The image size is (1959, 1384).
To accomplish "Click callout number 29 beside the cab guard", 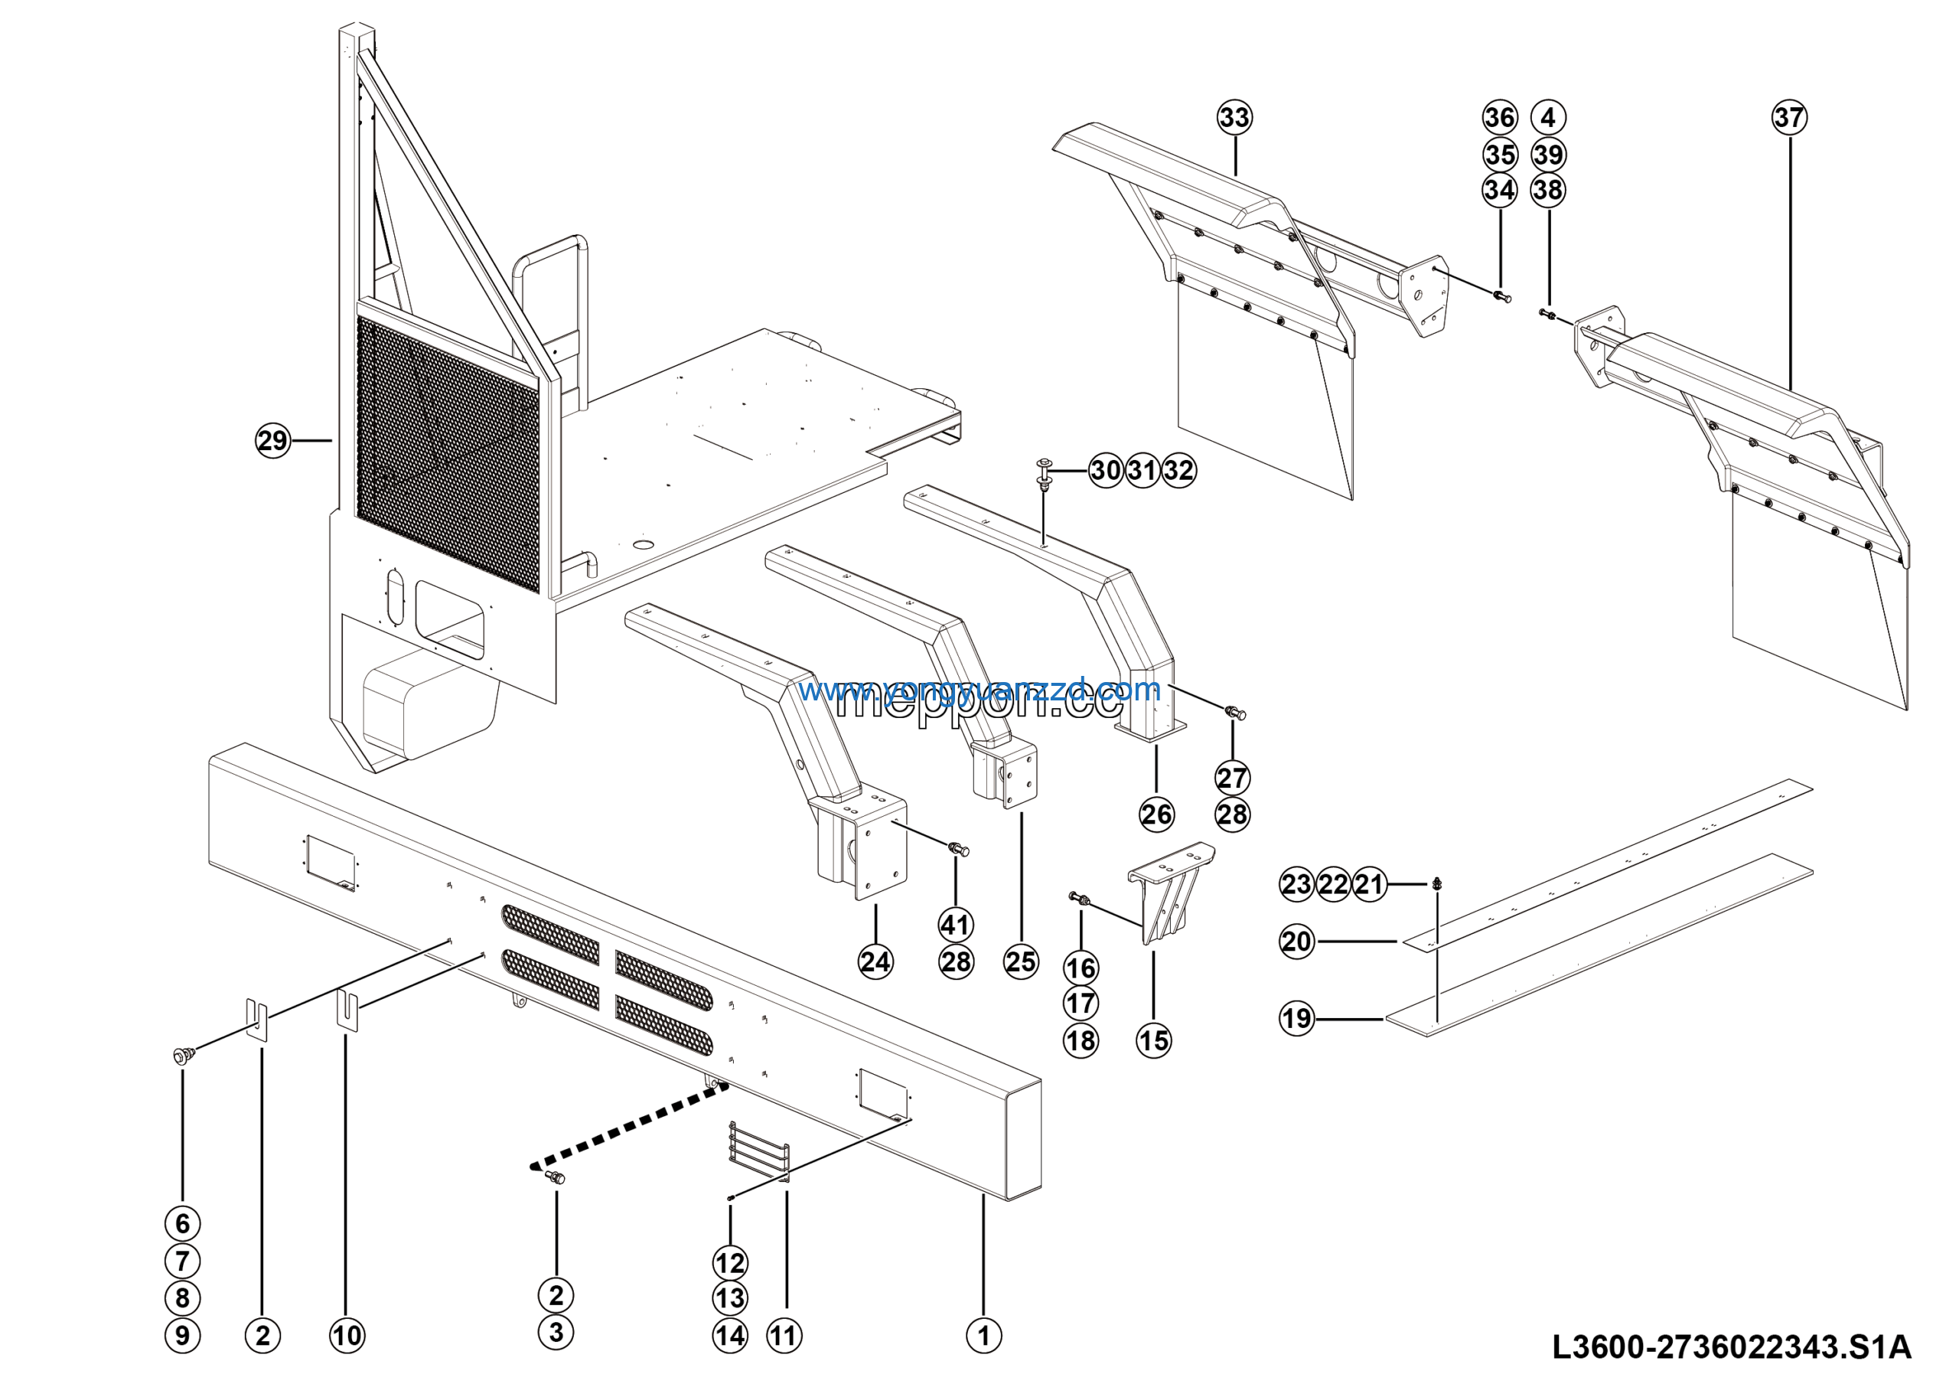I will (273, 441).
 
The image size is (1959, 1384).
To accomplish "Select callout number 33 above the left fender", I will (1234, 118).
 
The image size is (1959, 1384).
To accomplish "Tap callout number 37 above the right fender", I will (1789, 118).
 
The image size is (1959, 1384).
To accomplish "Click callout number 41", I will (956, 925).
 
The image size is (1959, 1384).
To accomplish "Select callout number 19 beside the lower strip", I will (1297, 1018).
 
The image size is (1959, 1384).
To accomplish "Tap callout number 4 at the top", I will (1549, 118).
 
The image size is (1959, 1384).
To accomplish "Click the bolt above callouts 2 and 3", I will (556, 1178).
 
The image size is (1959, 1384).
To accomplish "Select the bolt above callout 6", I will (181, 1056).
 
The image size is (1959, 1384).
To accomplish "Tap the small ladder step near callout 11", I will (758, 1151).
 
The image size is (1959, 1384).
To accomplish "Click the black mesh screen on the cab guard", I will (447, 452).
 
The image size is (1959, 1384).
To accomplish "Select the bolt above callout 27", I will (1235, 712).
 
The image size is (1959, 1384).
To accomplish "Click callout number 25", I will (1021, 961).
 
